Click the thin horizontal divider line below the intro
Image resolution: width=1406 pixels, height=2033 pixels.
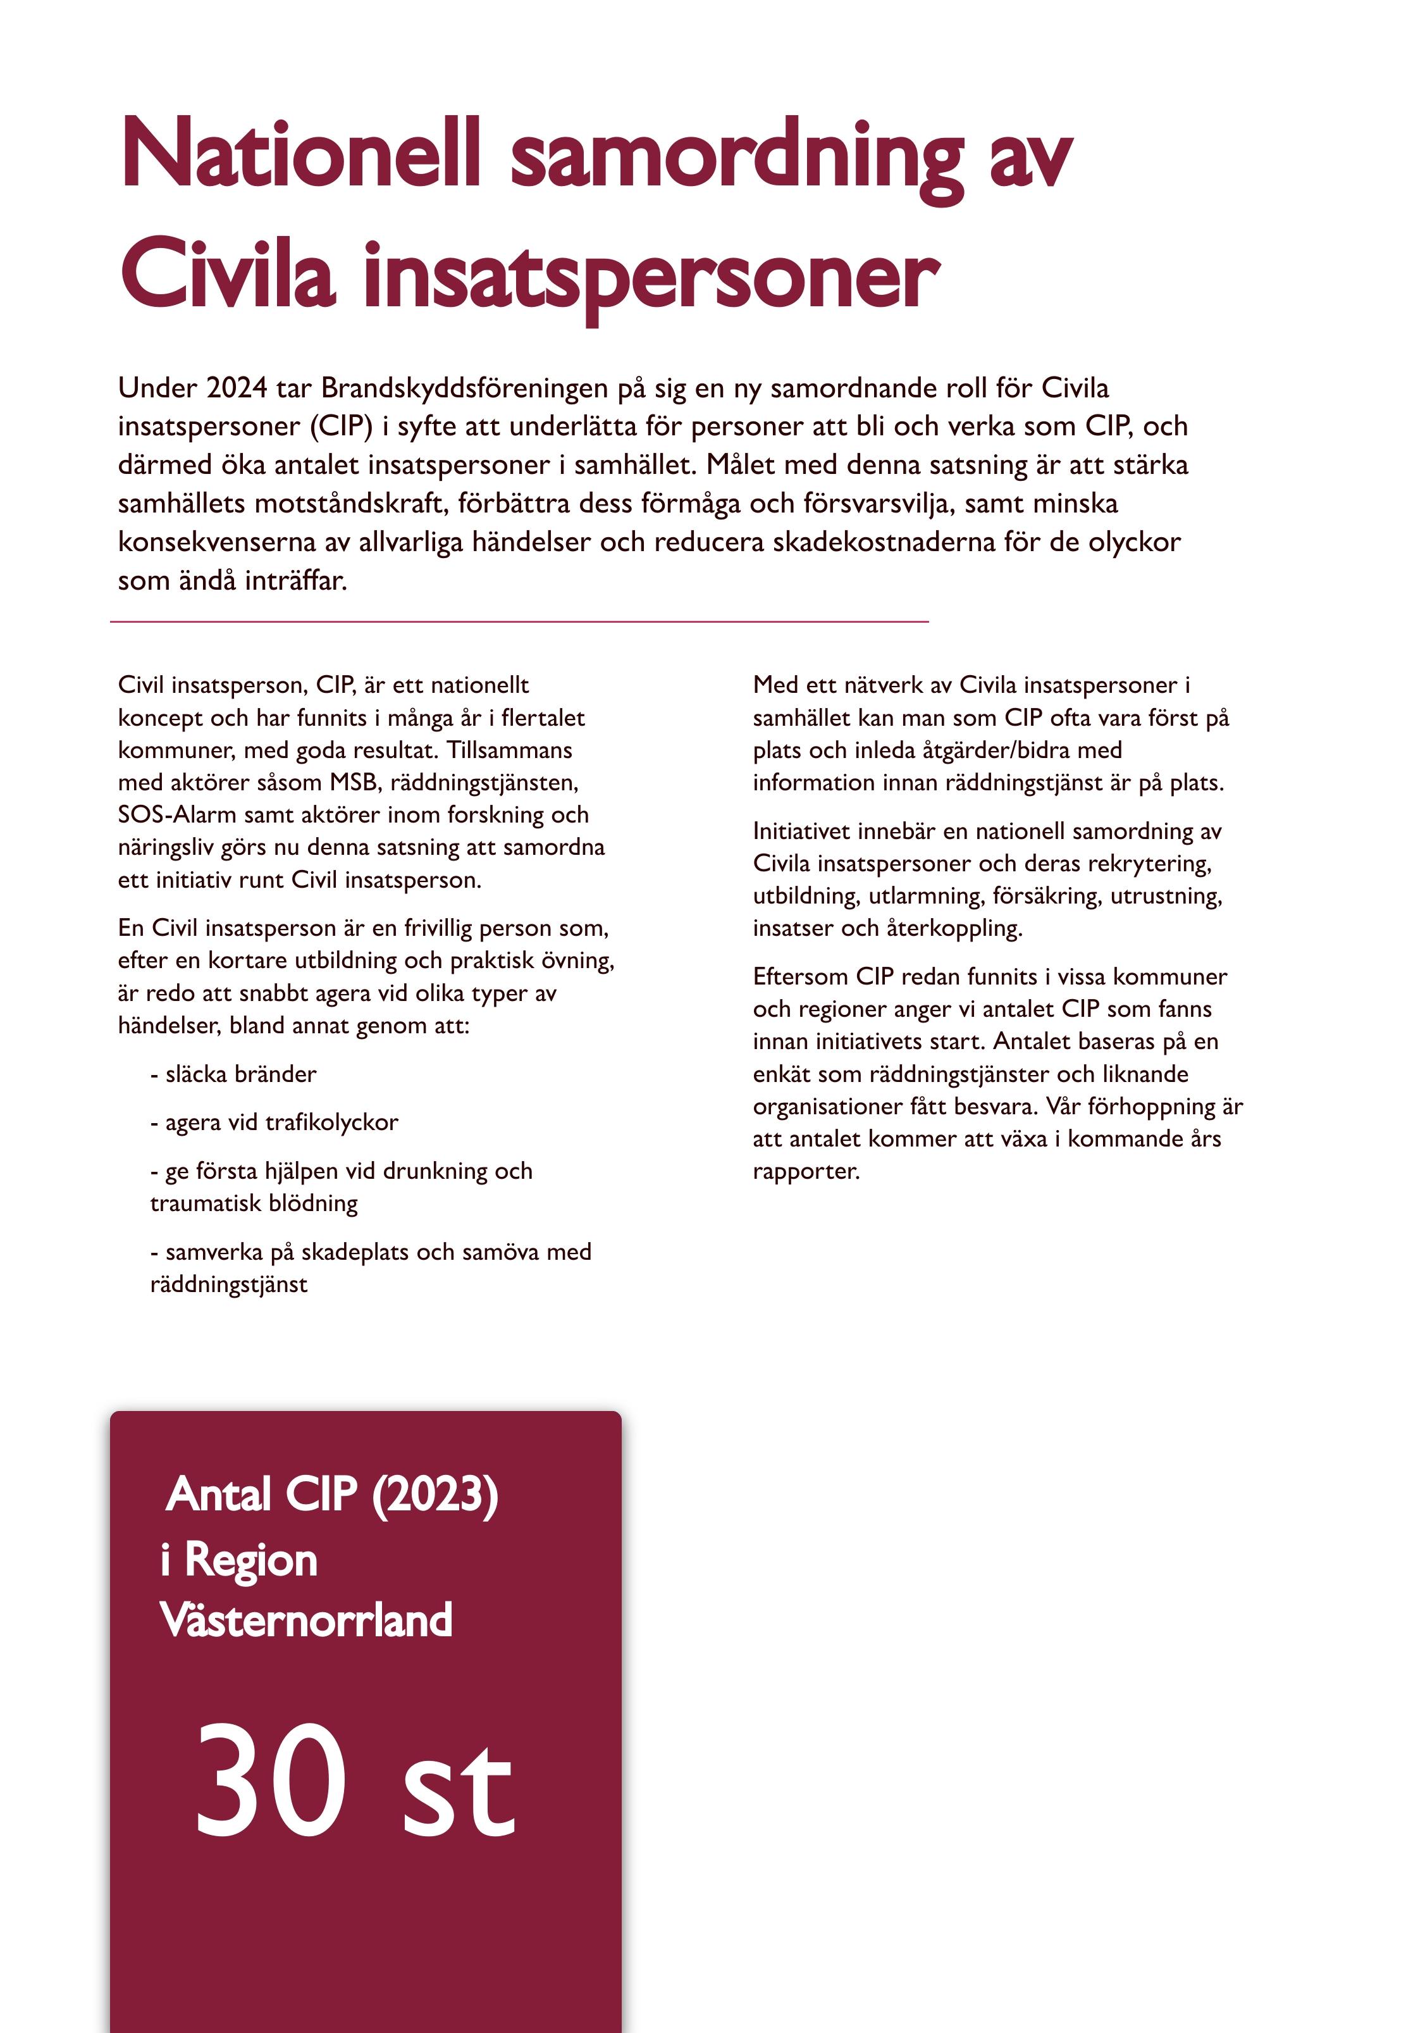[520, 622]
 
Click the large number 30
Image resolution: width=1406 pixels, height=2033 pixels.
[269, 1780]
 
